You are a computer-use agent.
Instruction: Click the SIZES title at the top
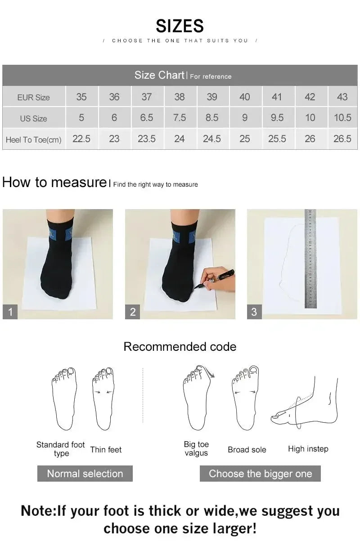180,26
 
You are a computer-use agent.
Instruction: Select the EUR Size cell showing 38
179,97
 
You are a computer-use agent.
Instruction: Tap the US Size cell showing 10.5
342,118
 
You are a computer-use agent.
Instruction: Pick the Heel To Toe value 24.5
211,139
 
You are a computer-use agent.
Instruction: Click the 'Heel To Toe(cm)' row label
34,140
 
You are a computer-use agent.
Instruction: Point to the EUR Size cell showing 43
342,97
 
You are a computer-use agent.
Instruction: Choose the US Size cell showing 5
81,118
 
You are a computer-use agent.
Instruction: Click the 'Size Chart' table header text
159,75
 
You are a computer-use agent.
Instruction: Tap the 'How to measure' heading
54,182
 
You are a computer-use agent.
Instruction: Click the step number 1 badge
10,312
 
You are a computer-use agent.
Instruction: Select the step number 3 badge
254,312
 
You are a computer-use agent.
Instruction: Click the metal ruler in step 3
310,259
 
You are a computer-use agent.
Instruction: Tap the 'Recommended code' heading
180,347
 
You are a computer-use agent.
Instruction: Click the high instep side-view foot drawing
306,402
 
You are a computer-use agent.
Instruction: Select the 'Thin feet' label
106,449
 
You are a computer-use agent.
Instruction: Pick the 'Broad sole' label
247,449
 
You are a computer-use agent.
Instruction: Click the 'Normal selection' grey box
85,474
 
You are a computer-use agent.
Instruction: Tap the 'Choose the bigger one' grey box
260,474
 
